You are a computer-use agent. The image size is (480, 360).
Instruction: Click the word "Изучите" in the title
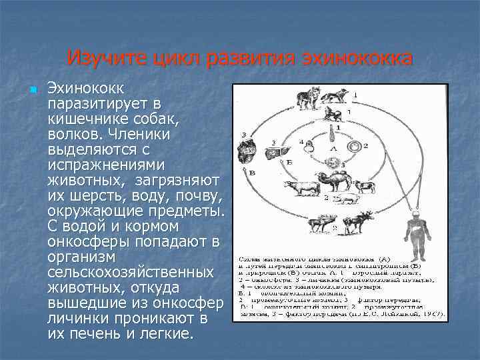[x=103, y=58]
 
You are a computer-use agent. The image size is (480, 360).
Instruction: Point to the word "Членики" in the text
[x=143, y=134]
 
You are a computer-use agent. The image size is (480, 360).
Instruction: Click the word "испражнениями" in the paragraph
[x=102, y=165]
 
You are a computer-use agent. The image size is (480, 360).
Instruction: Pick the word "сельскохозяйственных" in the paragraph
[x=131, y=273]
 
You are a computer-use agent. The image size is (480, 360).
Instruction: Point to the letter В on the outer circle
[x=253, y=173]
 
